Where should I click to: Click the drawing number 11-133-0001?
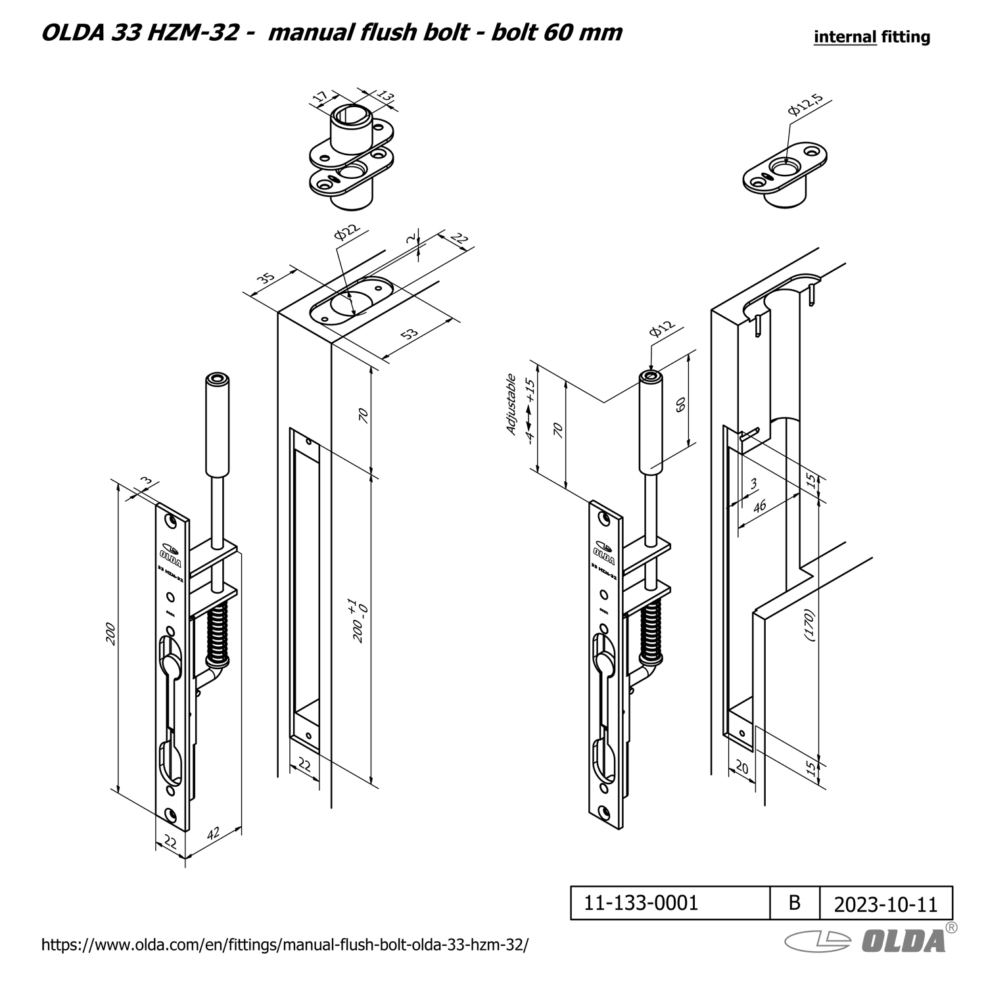coord(641,903)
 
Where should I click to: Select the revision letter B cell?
coord(795,903)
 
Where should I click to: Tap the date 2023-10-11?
coord(885,904)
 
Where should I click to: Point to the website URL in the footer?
coord(285,945)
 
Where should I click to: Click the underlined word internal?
coord(845,37)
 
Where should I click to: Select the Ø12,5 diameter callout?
coord(805,105)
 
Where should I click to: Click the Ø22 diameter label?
coord(347,233)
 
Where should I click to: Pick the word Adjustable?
coord(511,404)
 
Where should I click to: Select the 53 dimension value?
coord(410,334)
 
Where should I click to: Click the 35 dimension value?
coord(266,277)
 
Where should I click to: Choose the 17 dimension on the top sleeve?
coord(320,98)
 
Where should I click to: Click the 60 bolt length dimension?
coord(681,404)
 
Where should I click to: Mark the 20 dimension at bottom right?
coord(741,767)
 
